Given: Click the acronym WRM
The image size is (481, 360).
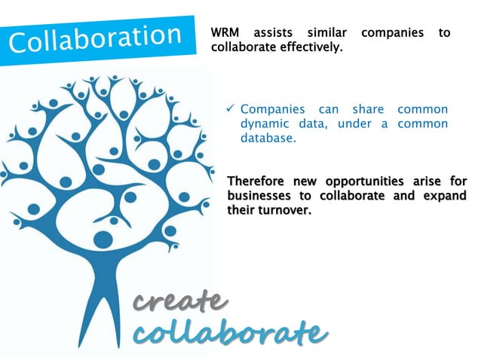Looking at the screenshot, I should pyautogui.click(x=227, y=33).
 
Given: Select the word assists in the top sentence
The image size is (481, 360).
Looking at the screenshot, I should pyautogui.click(x=274, y=33).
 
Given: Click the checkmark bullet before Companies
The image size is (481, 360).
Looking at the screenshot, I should pyautogui.click(x=232, y=110).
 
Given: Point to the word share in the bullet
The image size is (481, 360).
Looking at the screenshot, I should pyautogui.click(x=368, y=110).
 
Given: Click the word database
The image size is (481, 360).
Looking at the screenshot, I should pyautogui.click(x=268, y=139).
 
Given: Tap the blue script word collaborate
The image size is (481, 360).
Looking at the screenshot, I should pyautogui.click(x=230, y=331).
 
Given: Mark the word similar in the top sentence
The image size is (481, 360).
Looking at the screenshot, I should pyautogui.click(x=327, y=33).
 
